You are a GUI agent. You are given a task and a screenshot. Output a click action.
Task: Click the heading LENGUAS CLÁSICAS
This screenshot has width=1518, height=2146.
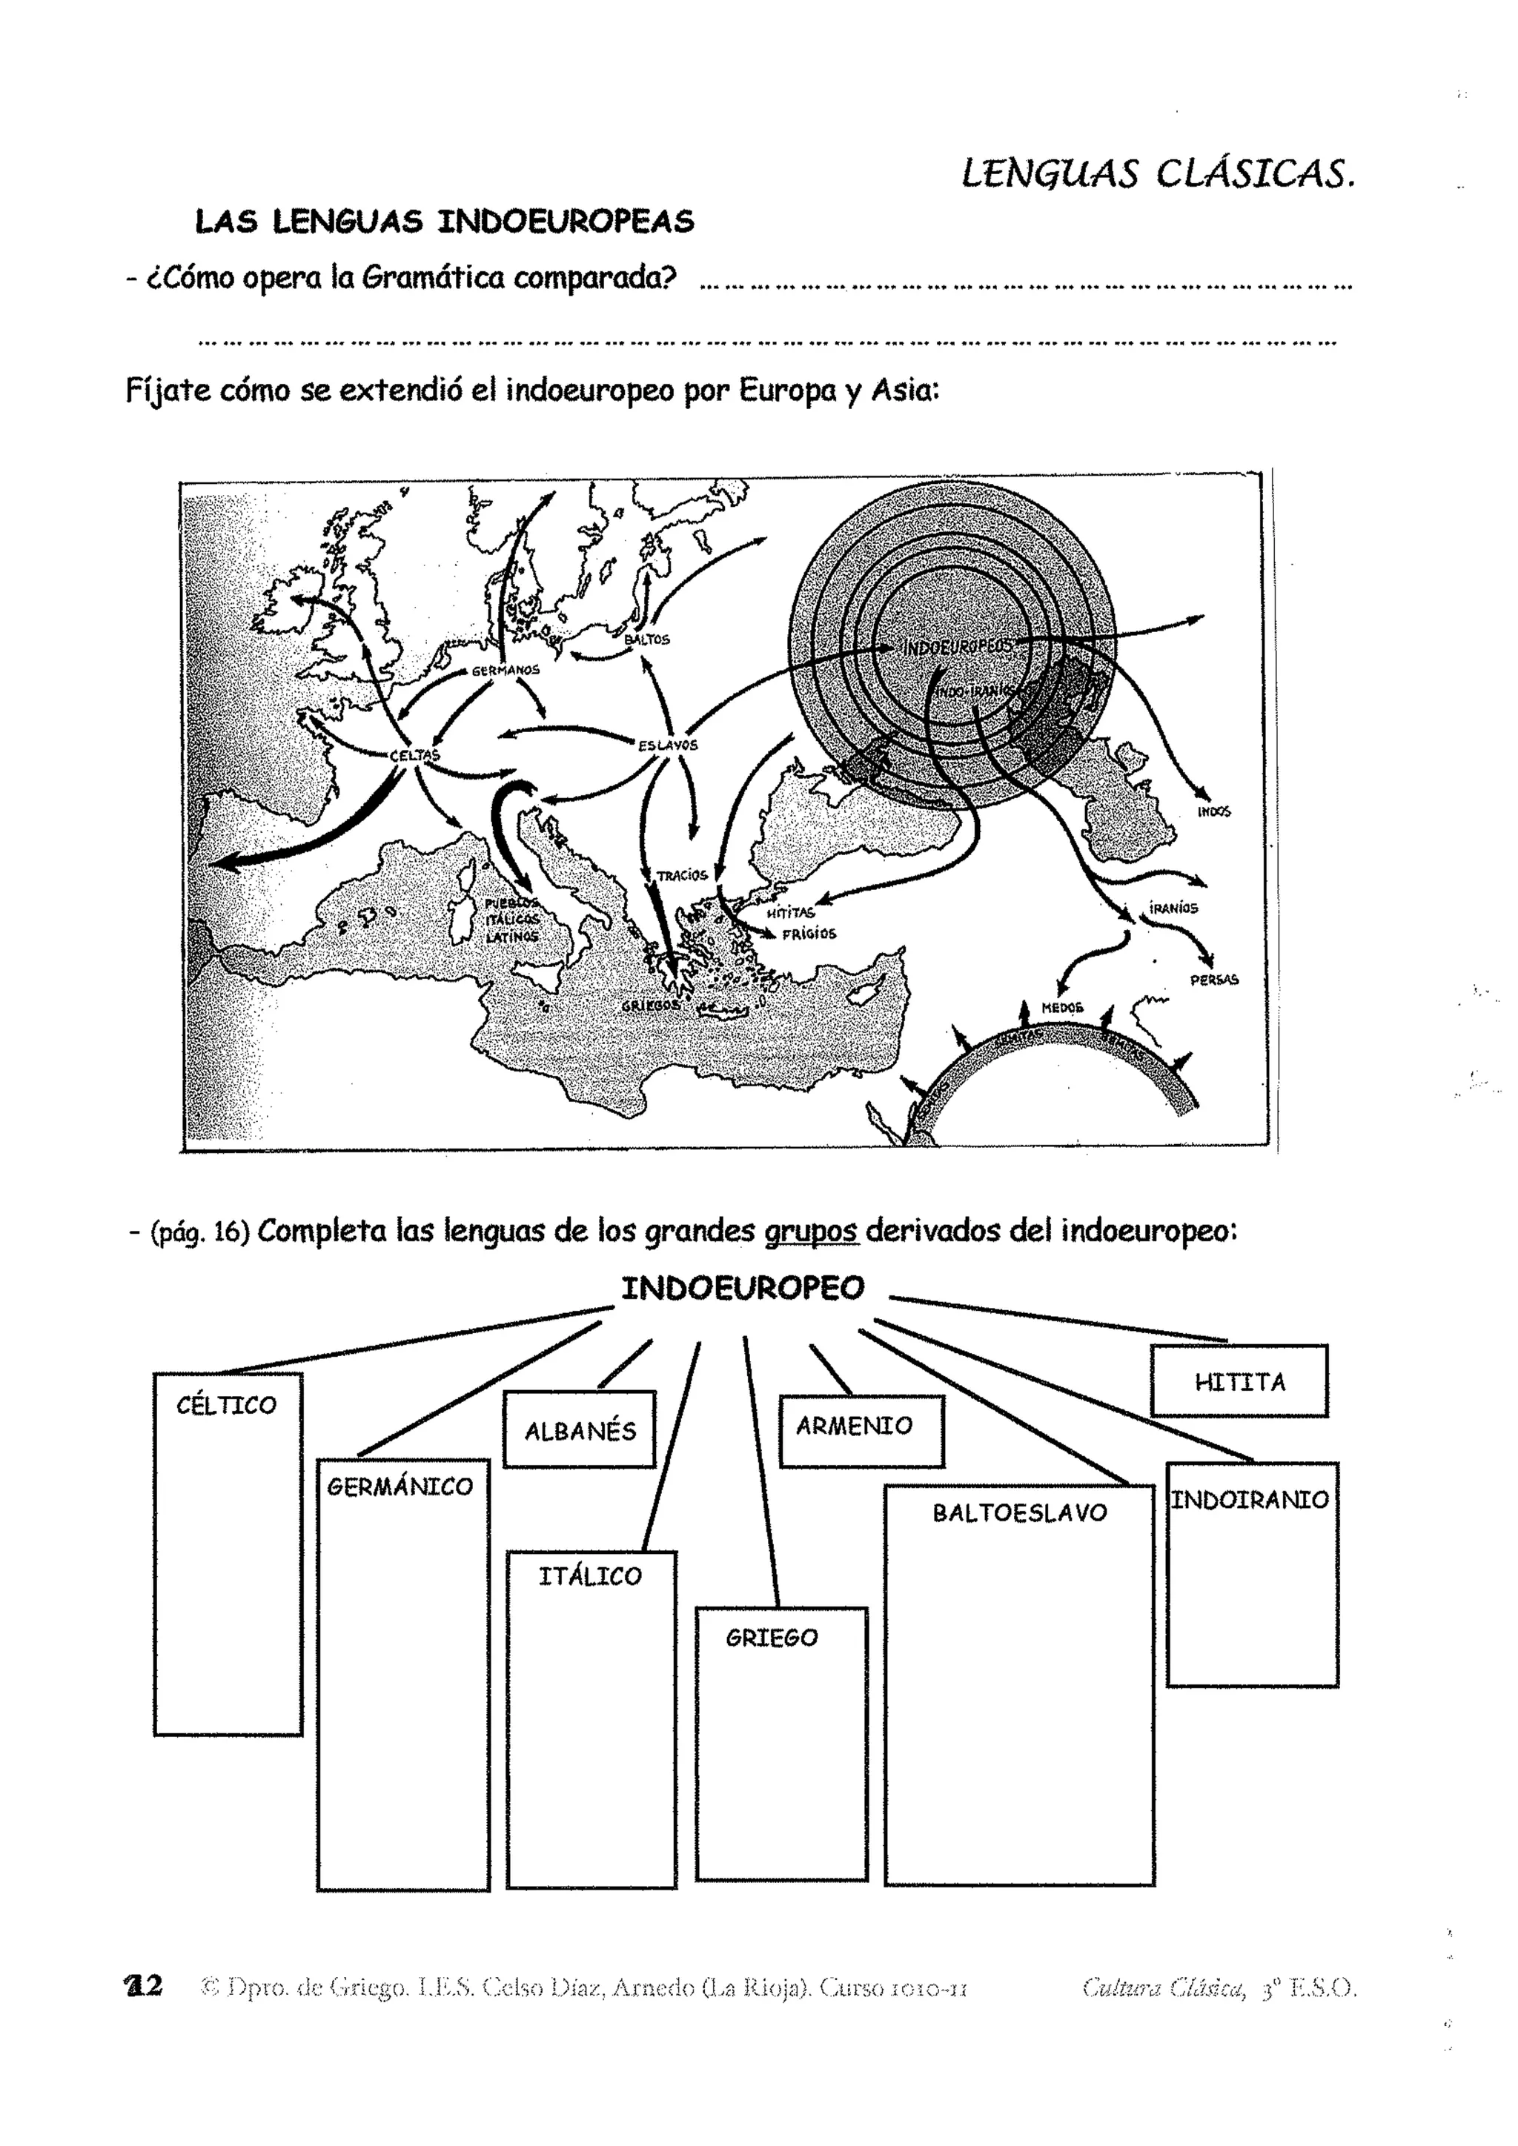1157,174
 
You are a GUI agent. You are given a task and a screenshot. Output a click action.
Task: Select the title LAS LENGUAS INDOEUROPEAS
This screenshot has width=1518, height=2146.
445,222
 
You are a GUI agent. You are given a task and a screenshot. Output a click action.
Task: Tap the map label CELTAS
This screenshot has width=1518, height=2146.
414,755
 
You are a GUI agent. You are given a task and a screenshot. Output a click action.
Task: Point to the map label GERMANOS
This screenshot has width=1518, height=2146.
506,670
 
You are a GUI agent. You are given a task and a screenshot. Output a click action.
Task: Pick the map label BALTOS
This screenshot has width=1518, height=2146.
647,640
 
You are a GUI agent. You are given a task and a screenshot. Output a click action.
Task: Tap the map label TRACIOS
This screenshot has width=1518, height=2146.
681,876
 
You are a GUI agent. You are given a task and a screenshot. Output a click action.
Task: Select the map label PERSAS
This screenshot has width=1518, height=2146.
1213,980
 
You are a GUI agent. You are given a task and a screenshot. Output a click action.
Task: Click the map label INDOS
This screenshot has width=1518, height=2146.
1213,811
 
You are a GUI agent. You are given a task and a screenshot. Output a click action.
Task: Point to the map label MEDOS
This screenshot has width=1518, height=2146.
1062,1008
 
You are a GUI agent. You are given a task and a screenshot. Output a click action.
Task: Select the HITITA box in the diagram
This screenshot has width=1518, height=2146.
1239,1381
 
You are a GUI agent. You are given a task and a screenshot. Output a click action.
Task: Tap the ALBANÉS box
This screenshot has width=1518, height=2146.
580,1431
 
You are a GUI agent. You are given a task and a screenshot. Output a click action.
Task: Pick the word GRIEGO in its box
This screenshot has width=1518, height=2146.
771,1638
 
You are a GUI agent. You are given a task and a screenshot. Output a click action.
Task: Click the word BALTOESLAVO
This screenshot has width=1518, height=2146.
1019,1513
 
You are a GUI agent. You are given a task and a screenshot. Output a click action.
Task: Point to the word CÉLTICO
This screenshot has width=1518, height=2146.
226,1406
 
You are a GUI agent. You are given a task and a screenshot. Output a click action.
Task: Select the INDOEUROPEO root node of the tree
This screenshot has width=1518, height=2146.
743,1288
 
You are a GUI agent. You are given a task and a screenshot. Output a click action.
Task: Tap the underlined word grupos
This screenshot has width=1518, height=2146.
810,1232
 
